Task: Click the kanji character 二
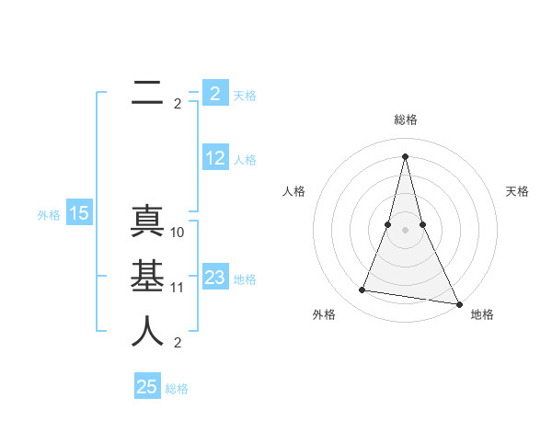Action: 147,93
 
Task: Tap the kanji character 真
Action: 147,222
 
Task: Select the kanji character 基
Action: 147,277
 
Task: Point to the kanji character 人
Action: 147,332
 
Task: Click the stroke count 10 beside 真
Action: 178,233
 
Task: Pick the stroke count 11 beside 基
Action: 178,288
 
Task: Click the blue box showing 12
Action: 214,158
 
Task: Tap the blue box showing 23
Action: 214,278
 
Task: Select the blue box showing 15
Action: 79,213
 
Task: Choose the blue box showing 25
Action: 147,387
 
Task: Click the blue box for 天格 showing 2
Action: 214,93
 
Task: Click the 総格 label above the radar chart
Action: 406,119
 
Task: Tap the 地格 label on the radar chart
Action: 482,314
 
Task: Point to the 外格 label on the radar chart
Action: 324,314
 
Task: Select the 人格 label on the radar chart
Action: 293,191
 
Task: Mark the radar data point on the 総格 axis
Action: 406,156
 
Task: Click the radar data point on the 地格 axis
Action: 458,304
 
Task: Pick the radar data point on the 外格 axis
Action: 362,290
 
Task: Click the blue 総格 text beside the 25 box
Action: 178,389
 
